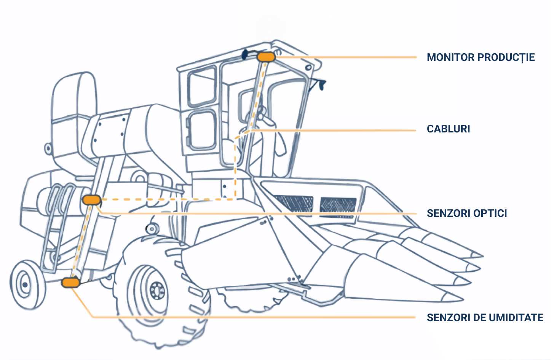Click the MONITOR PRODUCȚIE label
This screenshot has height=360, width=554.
coord(481,57)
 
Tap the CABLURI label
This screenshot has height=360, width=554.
coord(449,129)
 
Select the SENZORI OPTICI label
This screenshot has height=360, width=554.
coord(467,213)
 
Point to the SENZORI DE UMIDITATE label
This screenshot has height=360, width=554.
coord(485,317)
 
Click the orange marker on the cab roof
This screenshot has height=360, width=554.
coord(266,57)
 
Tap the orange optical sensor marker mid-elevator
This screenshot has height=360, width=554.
coord(92,200)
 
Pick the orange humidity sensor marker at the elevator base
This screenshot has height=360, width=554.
coord(70,283)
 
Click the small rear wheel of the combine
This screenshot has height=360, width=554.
coord(28,284)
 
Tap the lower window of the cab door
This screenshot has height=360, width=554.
coord(201,130)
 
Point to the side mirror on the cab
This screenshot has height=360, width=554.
coord(321,84)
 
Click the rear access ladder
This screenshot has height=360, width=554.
coord(57,228)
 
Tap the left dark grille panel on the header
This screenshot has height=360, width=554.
coord(293,204)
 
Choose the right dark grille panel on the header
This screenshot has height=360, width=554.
coord(338,205)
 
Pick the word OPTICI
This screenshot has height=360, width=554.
coord(490,213)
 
